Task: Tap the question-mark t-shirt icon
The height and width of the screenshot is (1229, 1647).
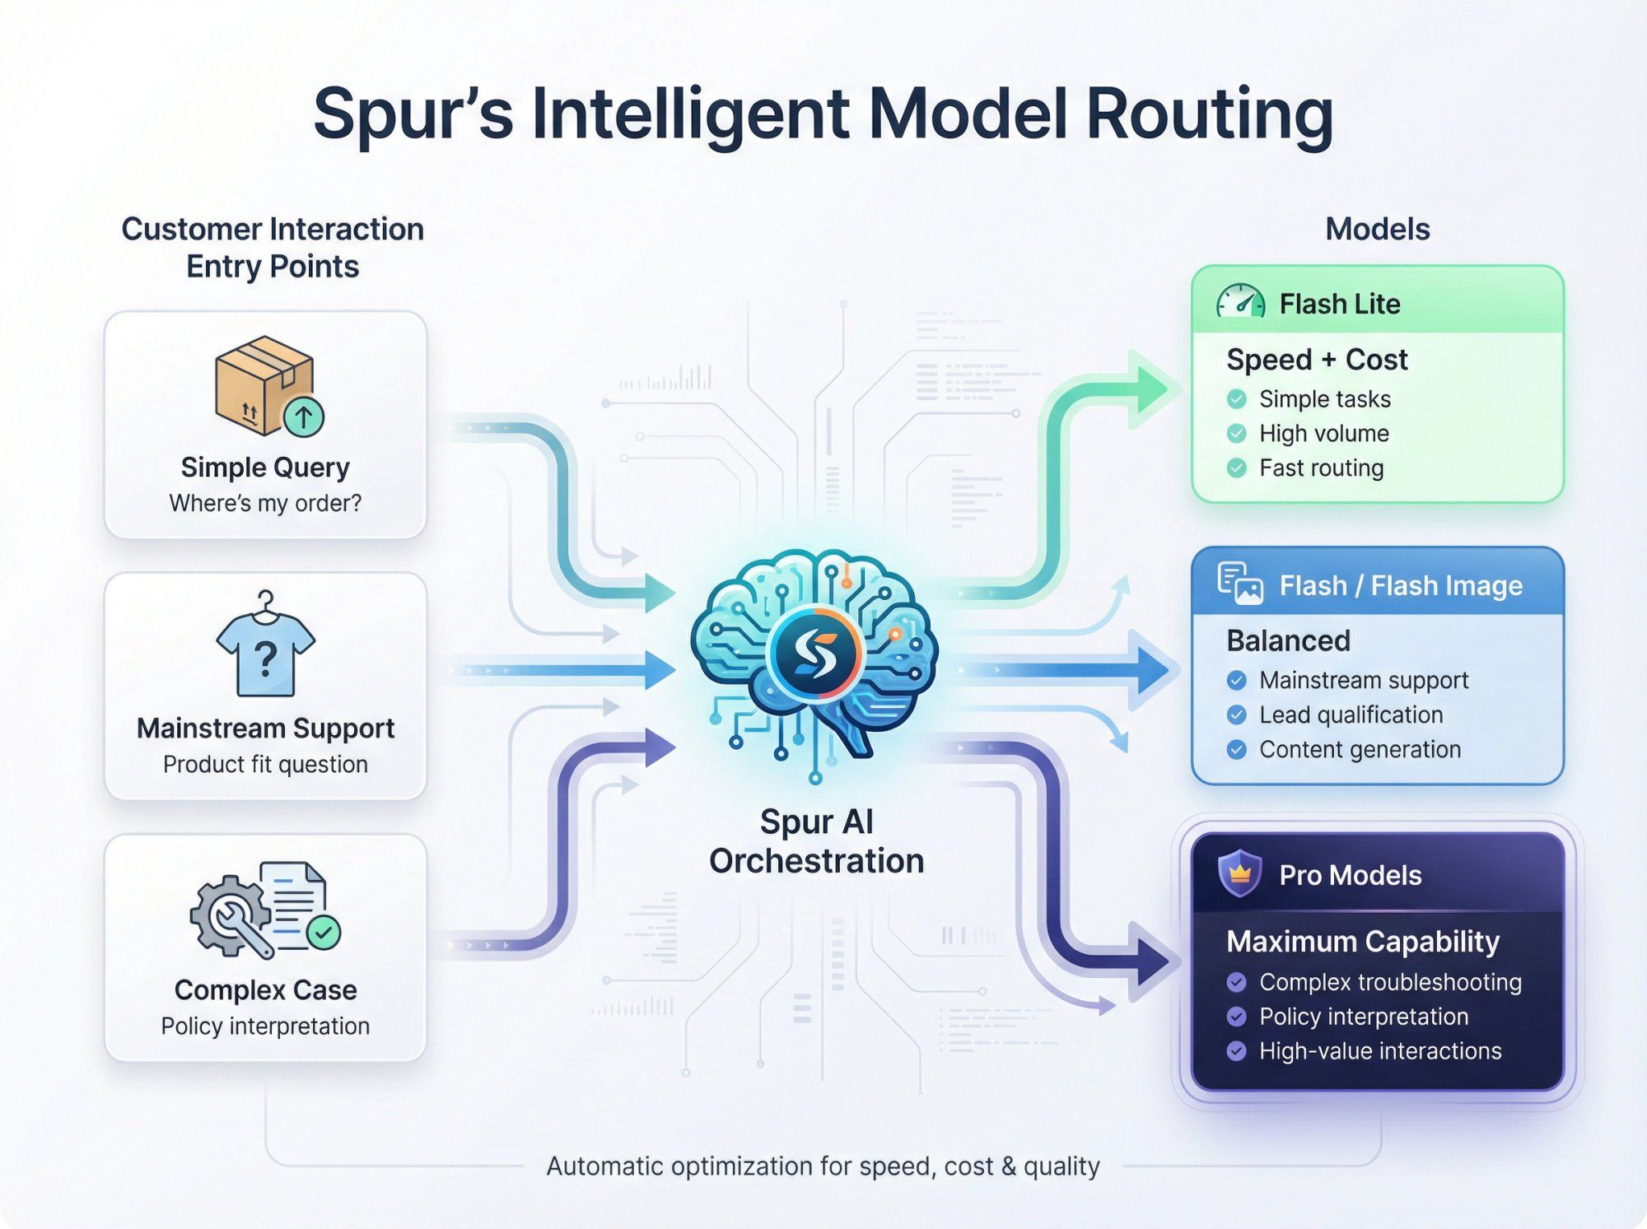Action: [x=265, y=647]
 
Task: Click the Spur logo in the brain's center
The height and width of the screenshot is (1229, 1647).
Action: [x=814, y=654]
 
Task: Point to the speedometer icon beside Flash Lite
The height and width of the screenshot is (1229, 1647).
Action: [x=1240, y=302]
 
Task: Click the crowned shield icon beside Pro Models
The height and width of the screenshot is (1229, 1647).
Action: [x=1239, y=873]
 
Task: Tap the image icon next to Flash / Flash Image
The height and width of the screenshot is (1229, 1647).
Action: [x=1240, y=584]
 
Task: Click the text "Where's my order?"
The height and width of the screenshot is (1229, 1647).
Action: [x=265, y=503]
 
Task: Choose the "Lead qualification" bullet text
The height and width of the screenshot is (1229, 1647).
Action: [x=1351, y=715]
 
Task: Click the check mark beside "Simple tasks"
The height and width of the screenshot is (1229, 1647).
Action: [x=1236, y=399]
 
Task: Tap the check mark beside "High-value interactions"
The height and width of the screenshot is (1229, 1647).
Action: [x=1236, y=1051]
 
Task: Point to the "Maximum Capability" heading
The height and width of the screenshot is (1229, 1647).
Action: [x=1362, y=941]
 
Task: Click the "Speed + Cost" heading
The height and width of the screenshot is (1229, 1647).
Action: [x=1317, y=360]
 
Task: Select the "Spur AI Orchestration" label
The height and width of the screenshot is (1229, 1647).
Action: [x=816, y=841]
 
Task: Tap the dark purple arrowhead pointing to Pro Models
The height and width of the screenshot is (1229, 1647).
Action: [x=1153, y=960]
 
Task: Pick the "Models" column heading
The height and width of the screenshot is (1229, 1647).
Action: [x=1377, y=229]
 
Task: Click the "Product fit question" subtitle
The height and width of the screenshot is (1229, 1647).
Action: [x=265, y=765]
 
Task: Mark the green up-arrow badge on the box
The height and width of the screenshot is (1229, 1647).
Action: [x=304, y=417]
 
